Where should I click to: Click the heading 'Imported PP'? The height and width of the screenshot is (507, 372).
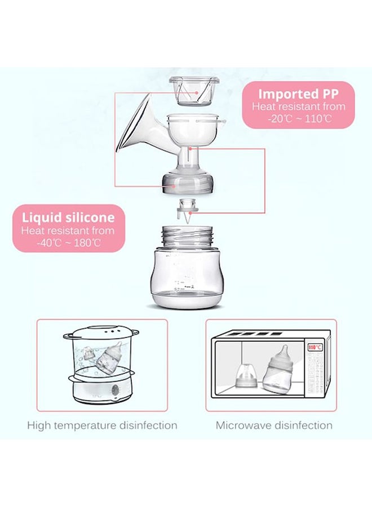298,94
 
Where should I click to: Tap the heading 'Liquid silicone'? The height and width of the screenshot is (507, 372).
68,217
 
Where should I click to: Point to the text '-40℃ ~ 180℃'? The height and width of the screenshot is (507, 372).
69,243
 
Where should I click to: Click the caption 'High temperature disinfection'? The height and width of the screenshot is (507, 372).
102,425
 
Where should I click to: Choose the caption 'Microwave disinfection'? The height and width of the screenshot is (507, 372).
274,425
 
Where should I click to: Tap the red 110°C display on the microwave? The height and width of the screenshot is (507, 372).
315,347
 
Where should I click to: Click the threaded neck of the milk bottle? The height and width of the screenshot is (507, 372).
187,237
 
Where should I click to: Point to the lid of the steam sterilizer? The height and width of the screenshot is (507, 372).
101,332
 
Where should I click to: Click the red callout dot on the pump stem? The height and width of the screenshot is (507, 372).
191,149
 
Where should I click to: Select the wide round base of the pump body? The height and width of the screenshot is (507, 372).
188,183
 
